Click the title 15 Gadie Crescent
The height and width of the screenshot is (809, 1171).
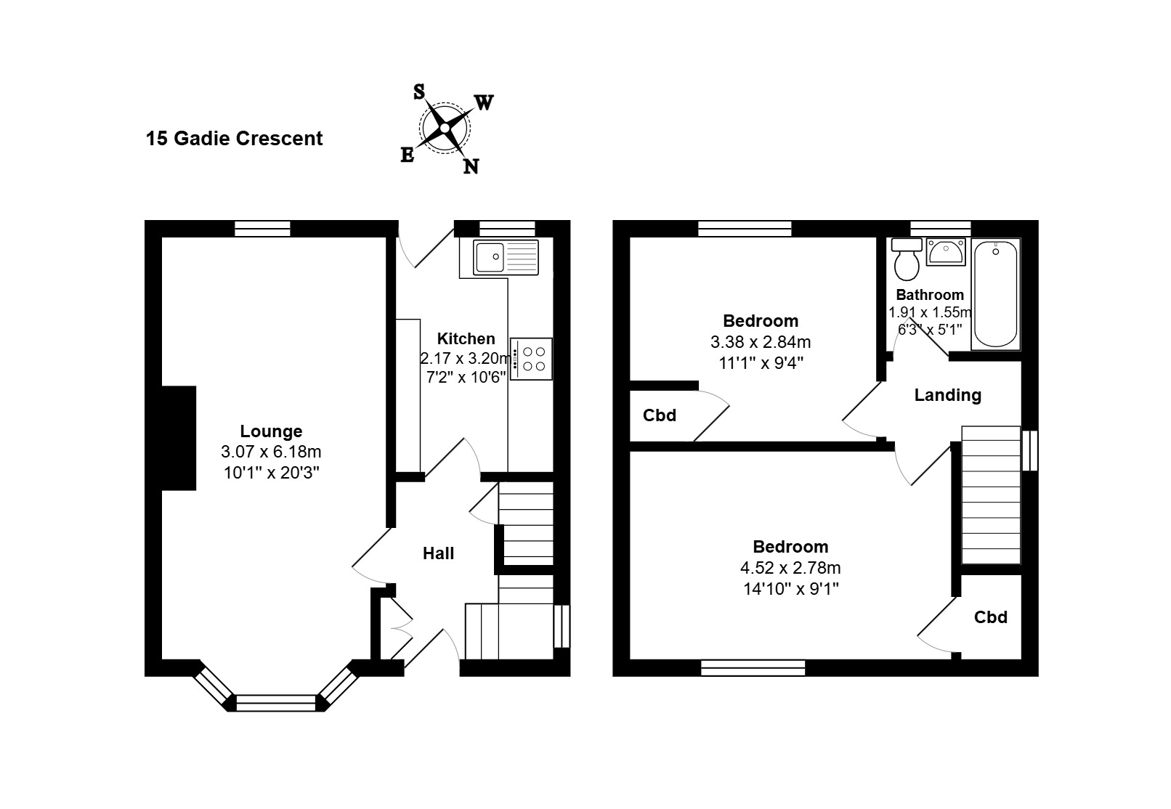point(234,139)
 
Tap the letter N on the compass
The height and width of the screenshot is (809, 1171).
point(471,167)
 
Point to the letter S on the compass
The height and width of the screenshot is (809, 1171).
point(418,92)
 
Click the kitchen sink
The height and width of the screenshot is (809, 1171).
point(506,257)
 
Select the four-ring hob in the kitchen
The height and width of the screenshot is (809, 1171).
point(531,359)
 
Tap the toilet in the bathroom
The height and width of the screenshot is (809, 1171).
point(907,260)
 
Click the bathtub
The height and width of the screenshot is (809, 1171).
point(995,294)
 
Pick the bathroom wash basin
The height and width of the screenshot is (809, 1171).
point(946,252)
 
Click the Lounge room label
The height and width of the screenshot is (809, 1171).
point(271,431)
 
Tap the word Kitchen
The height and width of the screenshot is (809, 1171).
point(466,338)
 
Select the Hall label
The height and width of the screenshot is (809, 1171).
point(438,553)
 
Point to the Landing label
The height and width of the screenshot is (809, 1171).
point(947,395)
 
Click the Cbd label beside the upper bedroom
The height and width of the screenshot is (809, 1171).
point(659,415)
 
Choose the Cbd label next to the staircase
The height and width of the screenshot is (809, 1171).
point(991,617)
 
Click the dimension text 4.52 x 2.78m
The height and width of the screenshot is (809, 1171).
point(790,568)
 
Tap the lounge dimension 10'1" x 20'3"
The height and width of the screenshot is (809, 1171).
point(271,473)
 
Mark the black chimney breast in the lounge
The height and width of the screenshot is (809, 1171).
point(179,438)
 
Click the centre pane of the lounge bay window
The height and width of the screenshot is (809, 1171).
point(276,703)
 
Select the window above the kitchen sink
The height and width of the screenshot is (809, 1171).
point(507,229)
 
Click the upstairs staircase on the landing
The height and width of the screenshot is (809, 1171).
point(991,495)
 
